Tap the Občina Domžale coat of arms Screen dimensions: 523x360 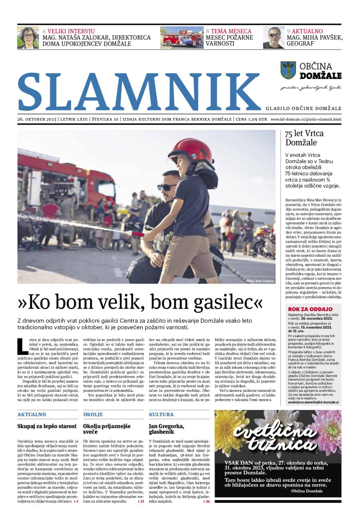tap(288, 70)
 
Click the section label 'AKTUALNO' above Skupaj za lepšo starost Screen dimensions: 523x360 tap(32, 415)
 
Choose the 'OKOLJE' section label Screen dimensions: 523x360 tap(93, 415)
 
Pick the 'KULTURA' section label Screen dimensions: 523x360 tap(161, 415)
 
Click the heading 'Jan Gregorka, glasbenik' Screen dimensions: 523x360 tap(166, 429)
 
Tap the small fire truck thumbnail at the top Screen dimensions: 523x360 tap(182, 37)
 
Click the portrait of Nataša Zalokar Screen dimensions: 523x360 tap(28, 37)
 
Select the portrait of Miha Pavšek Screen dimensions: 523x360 tap(274, 37)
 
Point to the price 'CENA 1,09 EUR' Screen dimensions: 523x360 tap(251, 119)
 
